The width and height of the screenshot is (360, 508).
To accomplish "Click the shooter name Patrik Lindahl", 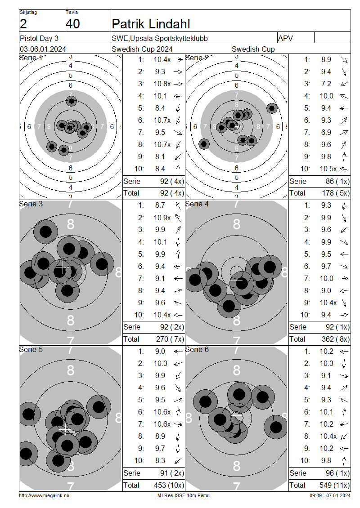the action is pyautogui.click(x=151, y=24).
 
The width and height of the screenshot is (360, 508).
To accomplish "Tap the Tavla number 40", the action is pyautogui.click(x=72, y=24).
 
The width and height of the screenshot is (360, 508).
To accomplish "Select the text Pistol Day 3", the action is pyautogui.click(x=39, y=38).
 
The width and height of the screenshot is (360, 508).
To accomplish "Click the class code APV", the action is pyautogui.click(x=285, y=38).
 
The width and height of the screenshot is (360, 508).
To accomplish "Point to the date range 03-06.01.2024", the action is pyautogui.click(x=43, y=49).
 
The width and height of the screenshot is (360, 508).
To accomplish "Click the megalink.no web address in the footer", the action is pyautogui.click(x=44, y=495).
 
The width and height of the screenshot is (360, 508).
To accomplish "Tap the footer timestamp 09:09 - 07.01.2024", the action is pyautogui.click(x=330, y=495).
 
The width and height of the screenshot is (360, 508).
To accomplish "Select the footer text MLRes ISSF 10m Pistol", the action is pyautogui.click(x=184, y=495).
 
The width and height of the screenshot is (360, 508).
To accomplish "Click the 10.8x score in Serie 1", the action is pyautogui.click(x=162, y=84).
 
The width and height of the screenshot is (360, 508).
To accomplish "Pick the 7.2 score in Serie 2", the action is pyautogui.click(x=326, y=84).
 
